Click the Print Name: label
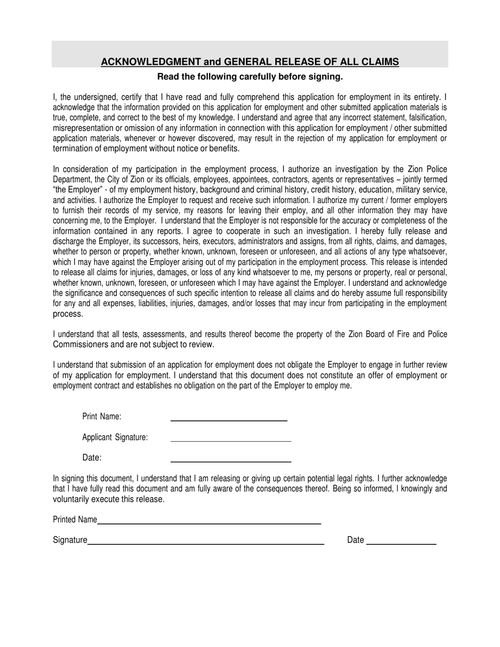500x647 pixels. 102,417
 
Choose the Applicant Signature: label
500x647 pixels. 115,437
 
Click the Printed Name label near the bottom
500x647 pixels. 75,520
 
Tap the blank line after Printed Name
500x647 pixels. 209,524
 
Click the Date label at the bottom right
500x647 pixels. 355,540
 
